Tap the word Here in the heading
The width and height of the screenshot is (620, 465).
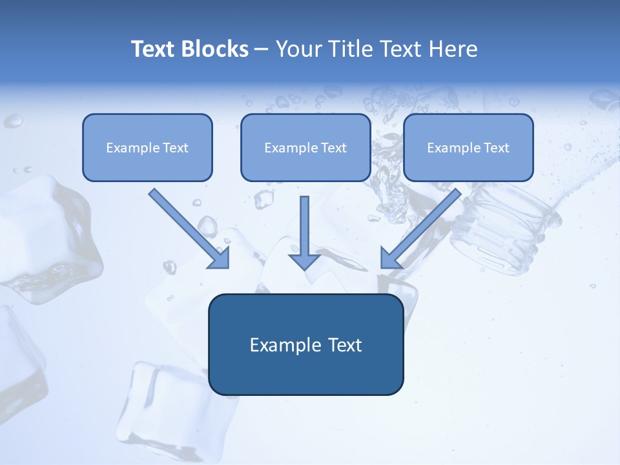click(453, 49)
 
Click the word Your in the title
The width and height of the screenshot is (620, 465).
click(298, 49)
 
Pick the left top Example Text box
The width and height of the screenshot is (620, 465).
click(147, 147)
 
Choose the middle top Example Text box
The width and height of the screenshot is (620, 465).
click(305, 147)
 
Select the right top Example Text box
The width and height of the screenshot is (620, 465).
click(468, 147)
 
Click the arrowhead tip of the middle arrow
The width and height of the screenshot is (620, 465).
click(304, 266)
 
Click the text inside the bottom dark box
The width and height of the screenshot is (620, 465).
click(305, 344)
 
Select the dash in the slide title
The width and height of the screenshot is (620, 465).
click(262, 49)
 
